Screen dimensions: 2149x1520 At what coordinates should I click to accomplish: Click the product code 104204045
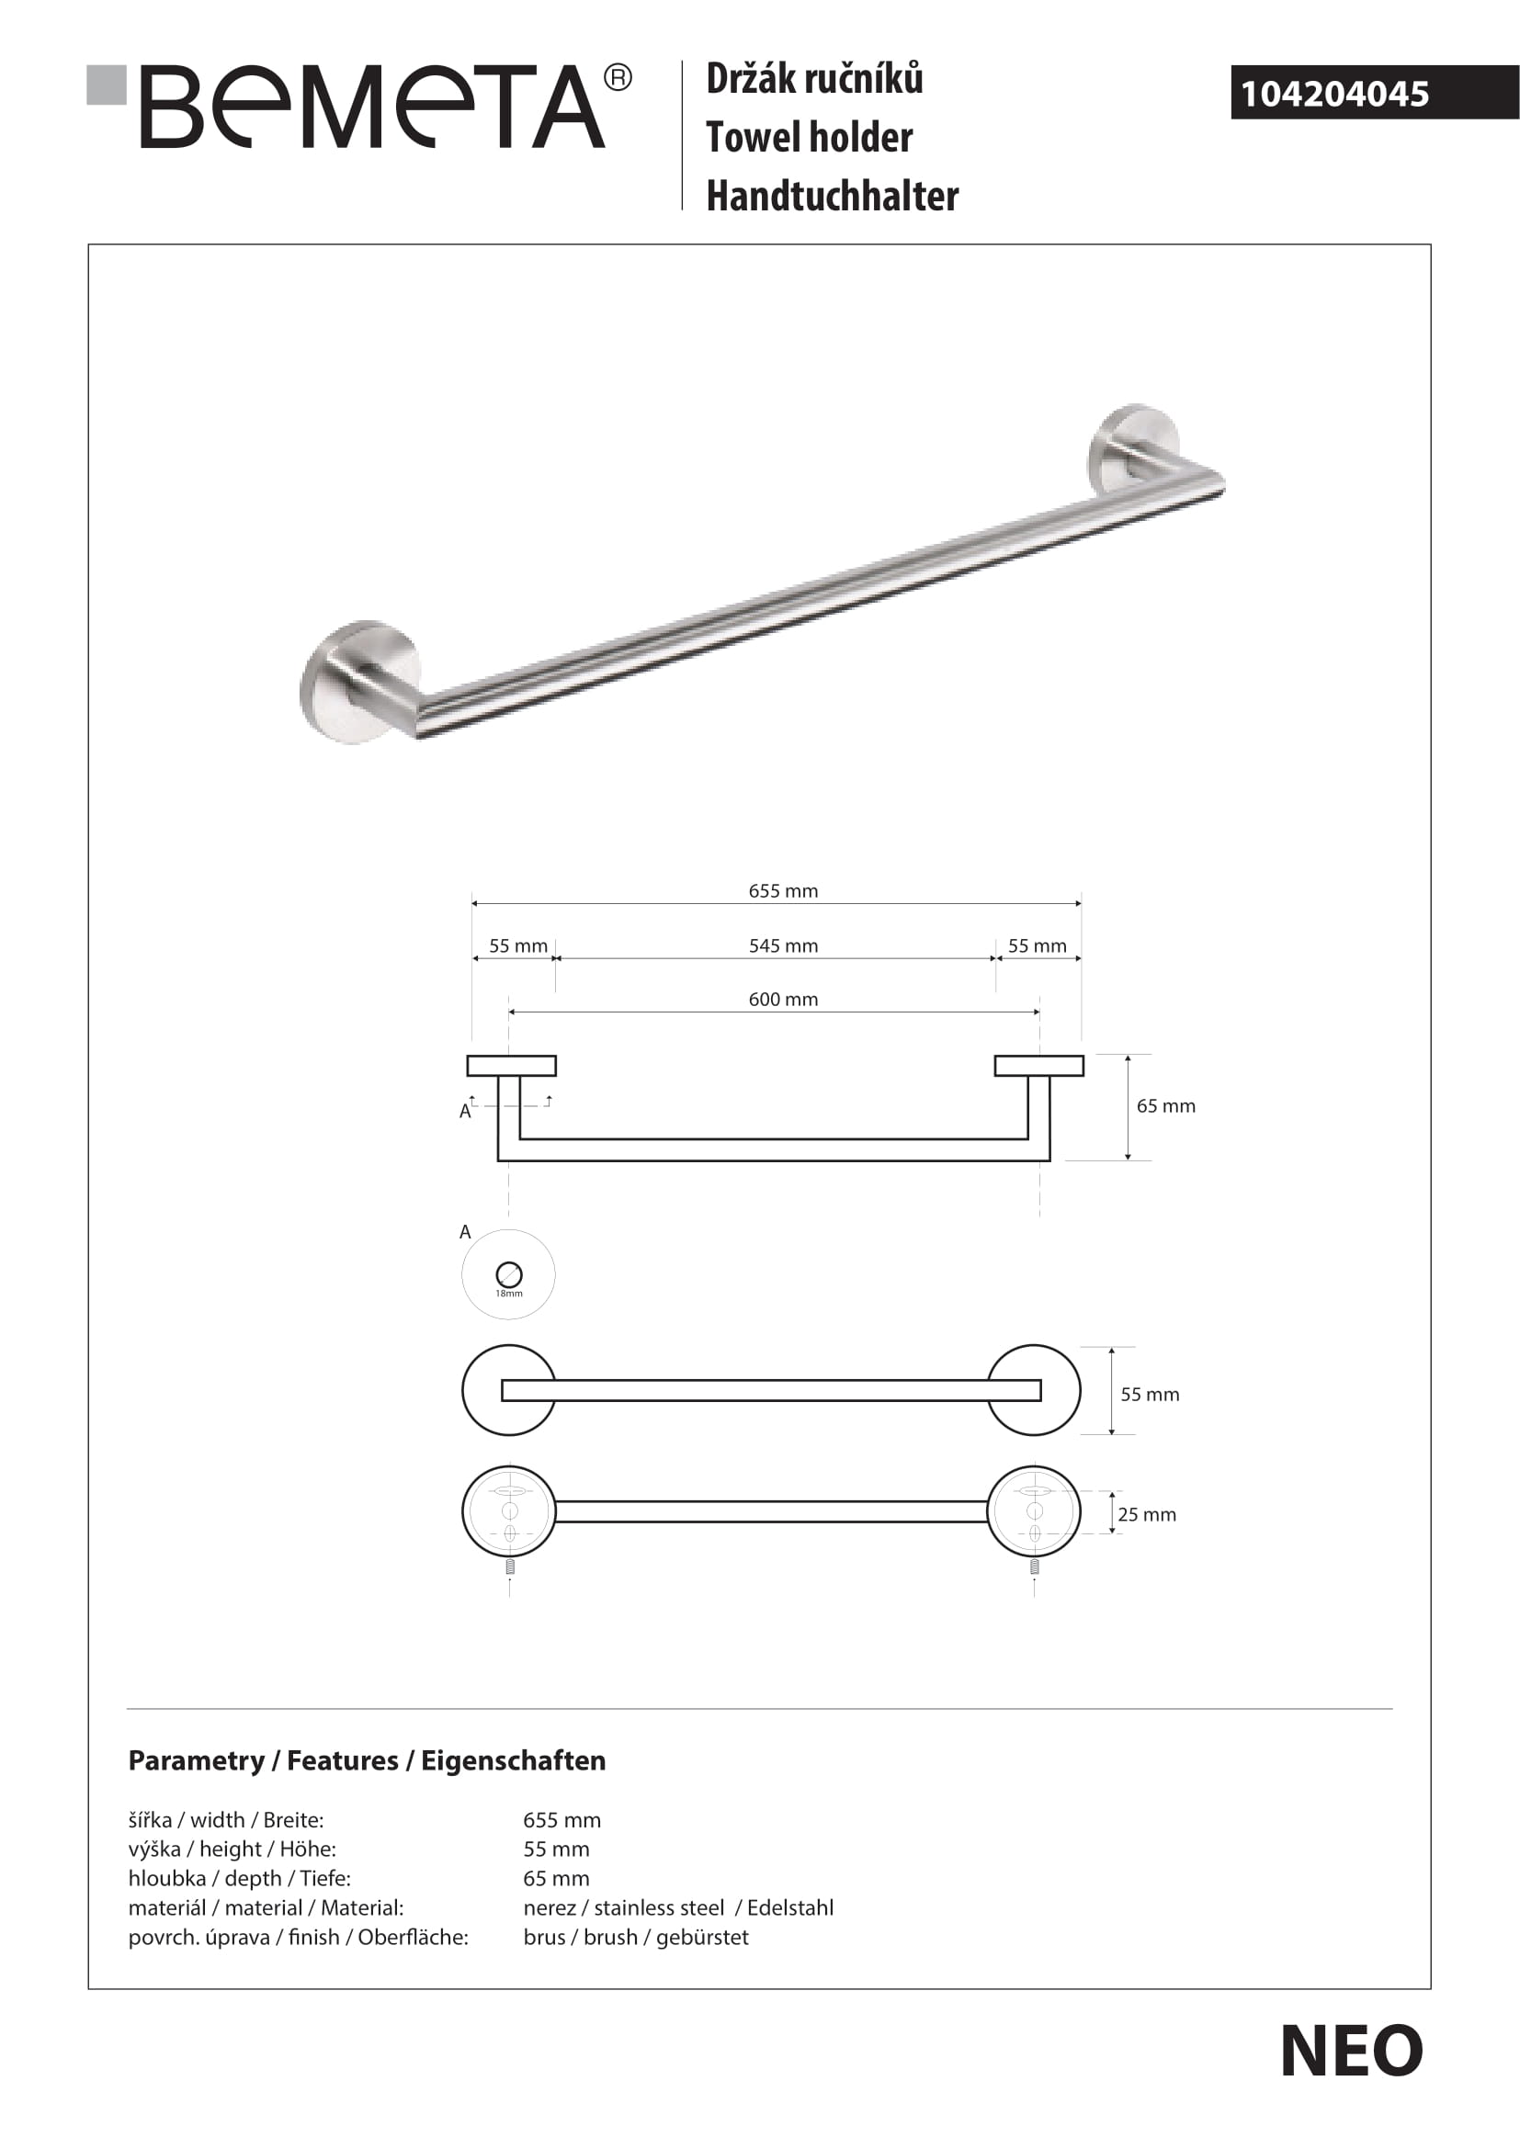click(1334, 94)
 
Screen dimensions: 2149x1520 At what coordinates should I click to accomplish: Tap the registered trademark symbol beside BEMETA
click(618, 78)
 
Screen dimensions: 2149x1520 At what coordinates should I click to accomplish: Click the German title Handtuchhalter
click(832, 197)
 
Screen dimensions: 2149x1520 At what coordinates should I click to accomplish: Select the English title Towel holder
click(809, 138)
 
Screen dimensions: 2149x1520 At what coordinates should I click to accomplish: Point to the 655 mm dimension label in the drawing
click(782, 891)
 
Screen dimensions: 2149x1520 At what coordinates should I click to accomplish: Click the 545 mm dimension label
click(782, 945)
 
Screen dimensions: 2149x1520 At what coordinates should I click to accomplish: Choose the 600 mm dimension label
click(782, 999)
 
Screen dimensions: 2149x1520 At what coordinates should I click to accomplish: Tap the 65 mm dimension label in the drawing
click(1165, 1105)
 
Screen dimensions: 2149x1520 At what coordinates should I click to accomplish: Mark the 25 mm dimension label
click(1147, 1514)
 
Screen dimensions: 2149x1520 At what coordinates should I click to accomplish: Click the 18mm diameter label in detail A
click(509, 1294)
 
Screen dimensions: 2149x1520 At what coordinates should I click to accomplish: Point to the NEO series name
click(1351, 2052)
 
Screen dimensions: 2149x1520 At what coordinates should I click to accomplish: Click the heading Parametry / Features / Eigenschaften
click(367, 1760)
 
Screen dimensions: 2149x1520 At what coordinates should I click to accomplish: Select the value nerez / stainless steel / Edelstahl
click(677, 1907)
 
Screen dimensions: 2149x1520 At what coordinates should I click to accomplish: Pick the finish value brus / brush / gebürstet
click(636, 1937)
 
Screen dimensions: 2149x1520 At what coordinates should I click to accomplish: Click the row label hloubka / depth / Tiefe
click(240, 1878)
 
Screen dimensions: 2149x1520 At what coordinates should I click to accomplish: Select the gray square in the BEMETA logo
click(107, 85)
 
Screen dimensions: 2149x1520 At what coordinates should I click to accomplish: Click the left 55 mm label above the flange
click(517, 945)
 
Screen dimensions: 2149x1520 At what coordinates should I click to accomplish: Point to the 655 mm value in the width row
click(561, 1819)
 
